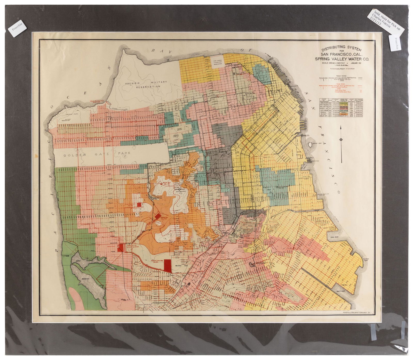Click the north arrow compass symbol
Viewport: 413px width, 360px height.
(x=341, y=140)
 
